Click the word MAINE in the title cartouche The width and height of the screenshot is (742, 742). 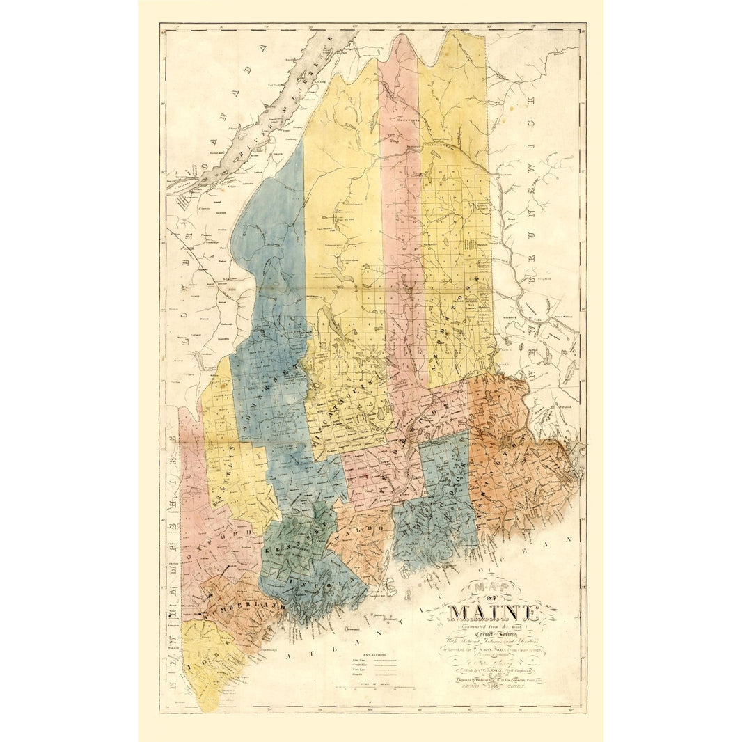pyautogui.click(x=496, y=613)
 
